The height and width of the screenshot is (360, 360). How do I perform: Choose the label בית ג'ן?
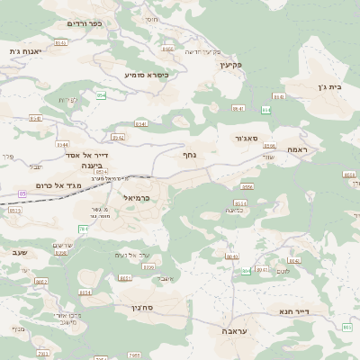pyautogui.click(x=332, y=88)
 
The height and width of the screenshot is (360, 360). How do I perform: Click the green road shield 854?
pyautogui.click(x=101, y=95)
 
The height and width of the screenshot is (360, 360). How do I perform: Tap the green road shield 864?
pyautogui.click(x=265, y=110)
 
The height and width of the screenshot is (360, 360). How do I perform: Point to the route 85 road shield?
pyautogui.click(x=21, y=193)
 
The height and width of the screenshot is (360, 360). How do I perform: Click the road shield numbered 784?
pyautogui.click(x=83, y=229)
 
